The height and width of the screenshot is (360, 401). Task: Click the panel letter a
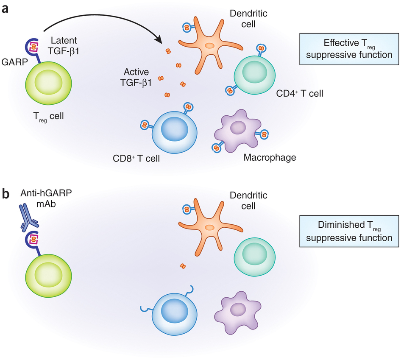coord(6,8)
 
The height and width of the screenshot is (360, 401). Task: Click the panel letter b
coord(7,194)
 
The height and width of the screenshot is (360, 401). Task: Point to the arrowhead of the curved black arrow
coord(161,42)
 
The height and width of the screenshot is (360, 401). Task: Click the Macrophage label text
coord(270,158)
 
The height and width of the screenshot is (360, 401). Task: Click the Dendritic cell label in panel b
coord(248,201)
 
